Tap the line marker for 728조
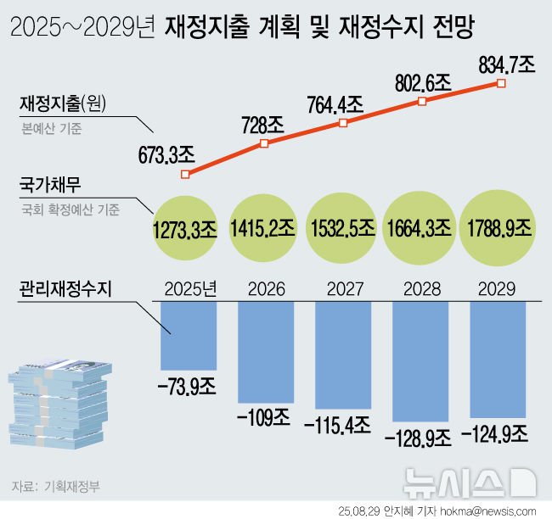pos(264,144)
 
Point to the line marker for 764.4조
pos(343,123)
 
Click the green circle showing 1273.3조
pos(184,228)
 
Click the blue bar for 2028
pos(420,361)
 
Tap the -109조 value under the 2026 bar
pos(265,419)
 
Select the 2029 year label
pos(498,289)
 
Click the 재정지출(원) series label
pos(67,105)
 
